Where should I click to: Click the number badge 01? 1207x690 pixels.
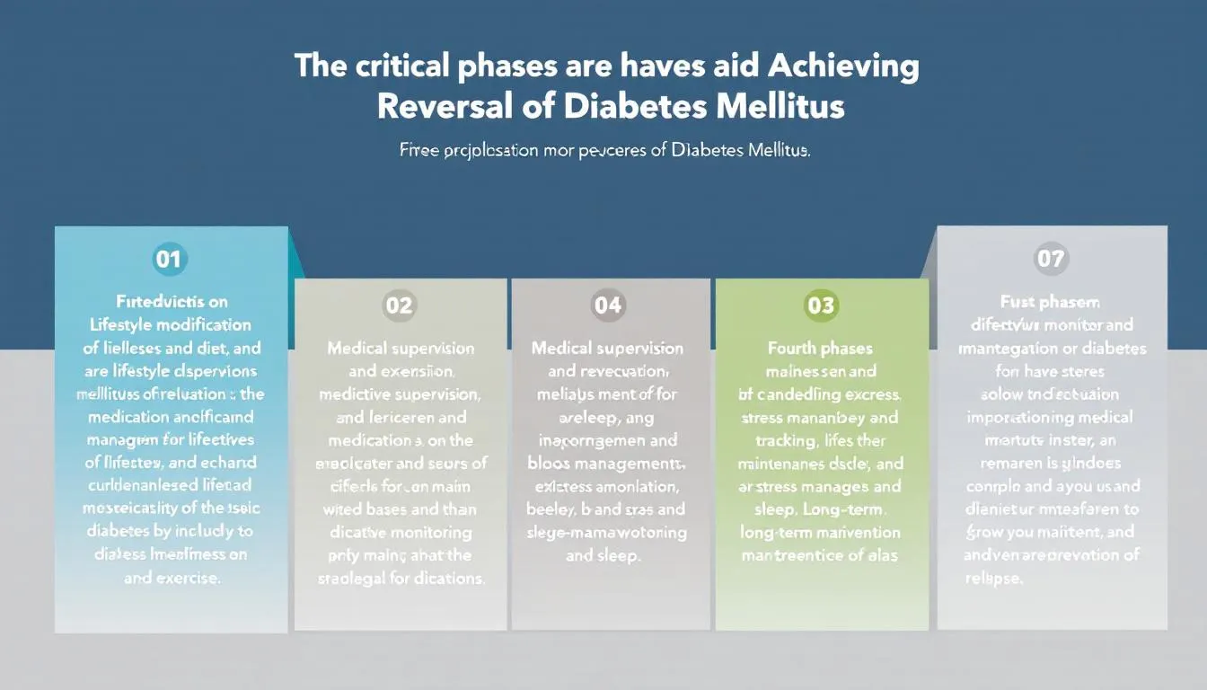pos(168,260)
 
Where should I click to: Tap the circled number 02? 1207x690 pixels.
pos(399,305)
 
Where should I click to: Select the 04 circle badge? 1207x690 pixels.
pos(608,305)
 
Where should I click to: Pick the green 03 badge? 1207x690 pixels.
pos(821,305)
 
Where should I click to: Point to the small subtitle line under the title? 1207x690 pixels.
pos(603,152)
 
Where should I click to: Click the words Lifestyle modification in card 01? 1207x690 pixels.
pos(171,324)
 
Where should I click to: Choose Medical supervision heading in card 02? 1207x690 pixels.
pos(401,348)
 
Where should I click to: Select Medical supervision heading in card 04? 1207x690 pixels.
pos(608,348)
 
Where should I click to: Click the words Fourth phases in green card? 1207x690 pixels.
pos(820,348)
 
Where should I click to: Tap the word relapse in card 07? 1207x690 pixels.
pos(992,578)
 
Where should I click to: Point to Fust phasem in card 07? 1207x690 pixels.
pos(1050,302)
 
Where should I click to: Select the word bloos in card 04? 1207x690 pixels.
pos(546,464)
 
